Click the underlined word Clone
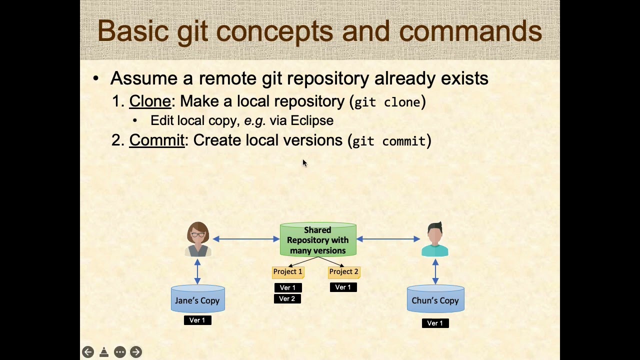(x=150, y=101)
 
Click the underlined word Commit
(x=156, y=140)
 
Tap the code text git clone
(x=387, y=102)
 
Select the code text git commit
(x=389, y=141)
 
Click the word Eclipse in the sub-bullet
(x=311, y=121)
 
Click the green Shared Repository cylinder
(x=318, y=240)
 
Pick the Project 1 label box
(x=287, y=271)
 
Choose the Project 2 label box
(x=343, y=271)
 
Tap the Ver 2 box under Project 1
(x=287, y=298)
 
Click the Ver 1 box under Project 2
(x=343, y=287)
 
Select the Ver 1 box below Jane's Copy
(x=197, y=320)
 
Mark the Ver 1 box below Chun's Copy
(x=435, y=323)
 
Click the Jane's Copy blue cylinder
(x=197, y=300)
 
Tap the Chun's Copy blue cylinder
(x=435, y=300)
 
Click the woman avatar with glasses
(x=198, y=239)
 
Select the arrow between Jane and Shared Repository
(x=246, y=239)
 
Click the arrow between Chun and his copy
(x=435, y=271)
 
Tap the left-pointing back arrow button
(x=87, y=352)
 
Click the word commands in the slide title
(x=470, y=31)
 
